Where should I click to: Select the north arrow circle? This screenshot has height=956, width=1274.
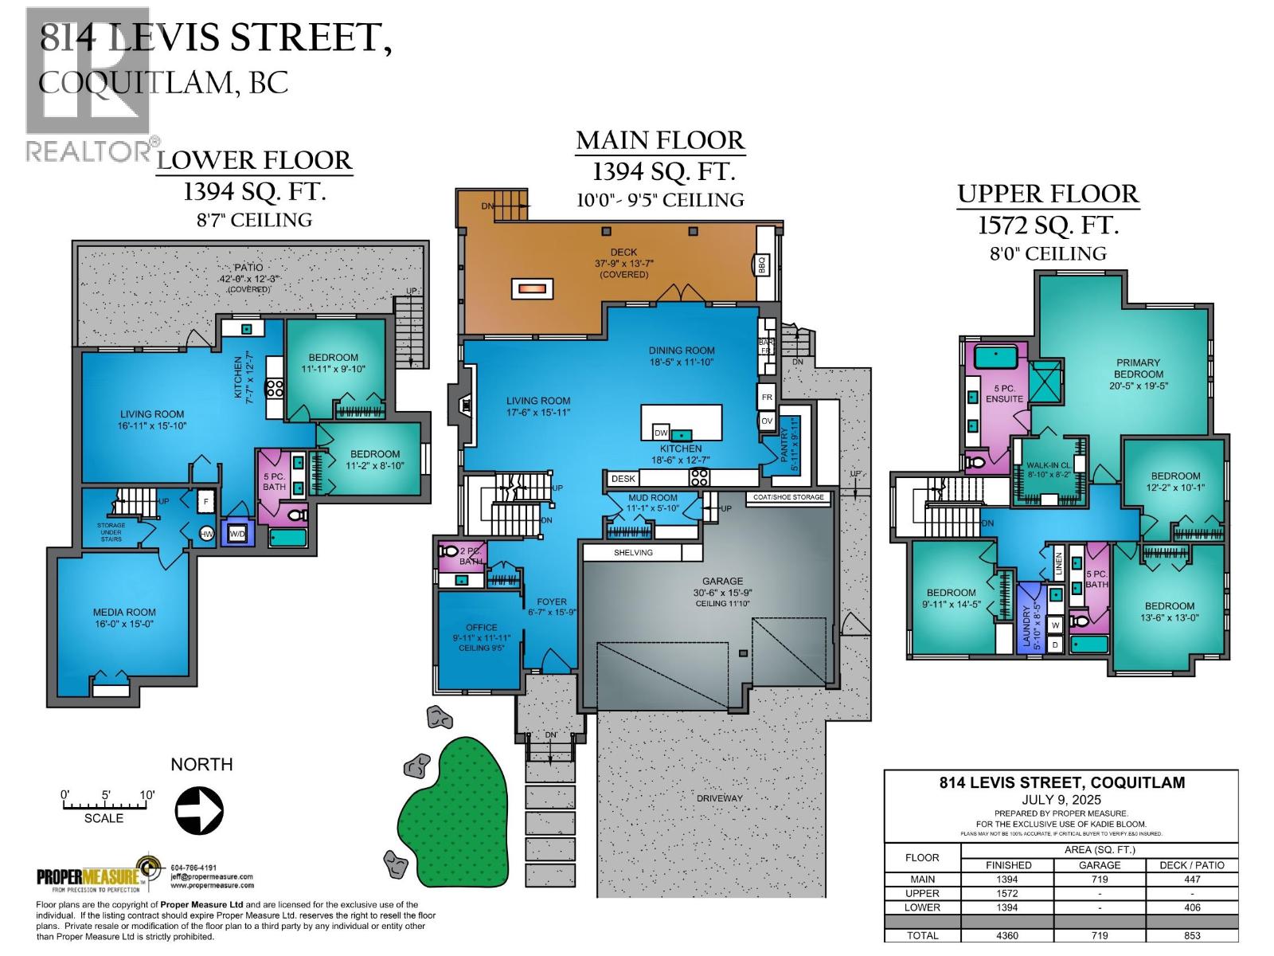[199, 810]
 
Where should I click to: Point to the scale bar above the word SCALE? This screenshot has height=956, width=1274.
[104, 805]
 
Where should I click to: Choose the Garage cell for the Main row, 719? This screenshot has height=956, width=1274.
[1099, 880]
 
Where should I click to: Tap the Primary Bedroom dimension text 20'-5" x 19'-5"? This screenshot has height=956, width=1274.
[1139, 386]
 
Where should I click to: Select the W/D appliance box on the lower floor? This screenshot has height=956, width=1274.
[237, 533]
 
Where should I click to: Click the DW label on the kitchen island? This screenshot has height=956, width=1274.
[660, 433]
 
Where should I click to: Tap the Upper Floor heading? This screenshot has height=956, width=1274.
[1048, 194]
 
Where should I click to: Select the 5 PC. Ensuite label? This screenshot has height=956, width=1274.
[1003, 394]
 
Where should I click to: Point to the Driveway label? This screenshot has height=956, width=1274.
[720, 797]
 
